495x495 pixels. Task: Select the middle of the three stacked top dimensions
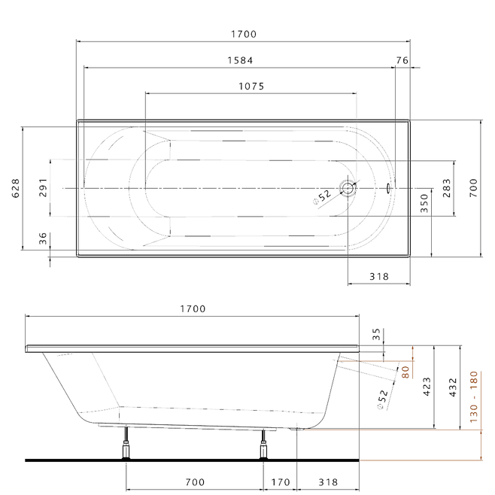coord(241,59)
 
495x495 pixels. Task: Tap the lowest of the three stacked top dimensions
coord(251,84)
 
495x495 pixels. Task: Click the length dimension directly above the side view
coord(193,308)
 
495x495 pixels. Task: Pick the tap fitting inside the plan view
coord(336,193)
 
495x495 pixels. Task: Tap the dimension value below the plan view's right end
coord(378,277)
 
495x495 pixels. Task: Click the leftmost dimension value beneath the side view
coord(194,481)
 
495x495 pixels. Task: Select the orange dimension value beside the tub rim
coord(406,369)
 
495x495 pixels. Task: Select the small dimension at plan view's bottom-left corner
coord(43,239)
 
